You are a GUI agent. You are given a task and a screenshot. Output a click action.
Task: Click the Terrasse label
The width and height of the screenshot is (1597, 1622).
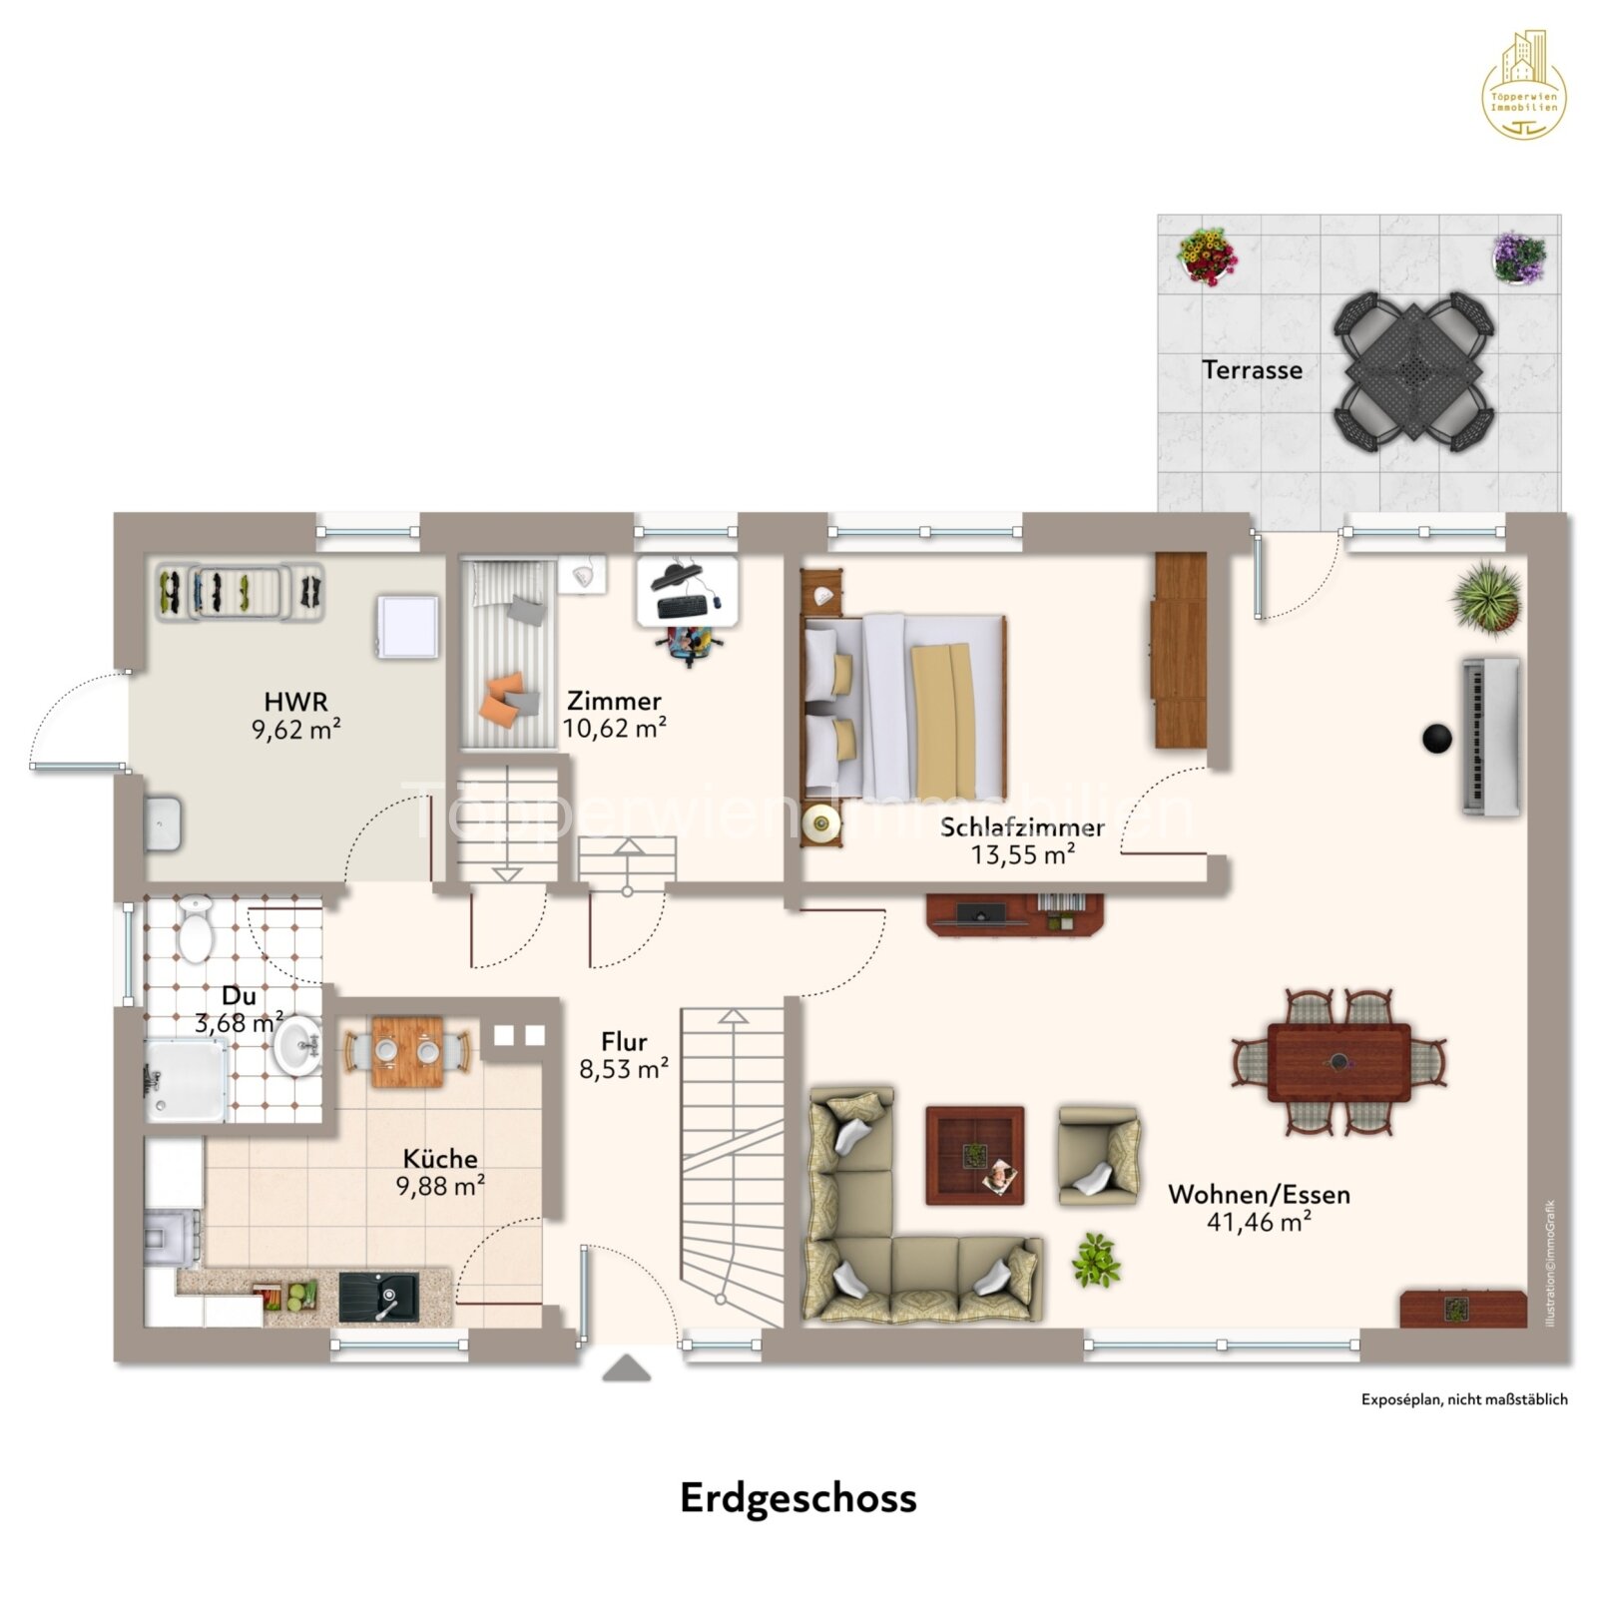point(1251,370)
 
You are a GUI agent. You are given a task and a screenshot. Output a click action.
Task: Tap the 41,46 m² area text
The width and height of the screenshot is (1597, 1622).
point(1258,1222)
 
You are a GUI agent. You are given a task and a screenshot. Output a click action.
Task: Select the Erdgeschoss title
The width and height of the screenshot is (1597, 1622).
point(798,1498)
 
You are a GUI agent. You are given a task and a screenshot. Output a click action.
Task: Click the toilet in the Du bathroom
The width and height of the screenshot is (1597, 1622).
point(195,930)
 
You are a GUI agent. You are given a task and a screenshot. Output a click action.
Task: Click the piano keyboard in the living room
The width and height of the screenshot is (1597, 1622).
point(1491,737)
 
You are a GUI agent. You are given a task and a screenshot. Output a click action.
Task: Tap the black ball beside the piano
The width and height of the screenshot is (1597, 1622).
point(1436,739)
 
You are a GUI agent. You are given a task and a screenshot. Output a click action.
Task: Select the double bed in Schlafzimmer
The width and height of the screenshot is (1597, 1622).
point(903,705)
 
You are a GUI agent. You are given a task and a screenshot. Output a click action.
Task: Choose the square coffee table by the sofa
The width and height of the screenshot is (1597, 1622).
point(973,1155)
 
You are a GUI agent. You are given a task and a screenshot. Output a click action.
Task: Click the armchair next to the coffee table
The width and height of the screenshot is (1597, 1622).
point(1097,1155)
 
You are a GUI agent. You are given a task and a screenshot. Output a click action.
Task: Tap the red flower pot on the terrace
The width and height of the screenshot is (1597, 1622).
point(1206,256)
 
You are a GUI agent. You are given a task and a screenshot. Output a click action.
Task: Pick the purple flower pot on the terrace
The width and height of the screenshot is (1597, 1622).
point(1518,258)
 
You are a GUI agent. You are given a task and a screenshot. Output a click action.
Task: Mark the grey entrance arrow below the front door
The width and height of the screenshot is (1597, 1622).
point(626,1367)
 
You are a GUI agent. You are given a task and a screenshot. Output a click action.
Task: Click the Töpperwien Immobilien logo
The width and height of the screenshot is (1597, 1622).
point(1523,86)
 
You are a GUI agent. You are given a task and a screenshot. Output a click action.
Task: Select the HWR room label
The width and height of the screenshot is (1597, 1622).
point(295,702)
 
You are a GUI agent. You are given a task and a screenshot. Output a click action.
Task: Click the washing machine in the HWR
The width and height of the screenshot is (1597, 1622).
point(406,627)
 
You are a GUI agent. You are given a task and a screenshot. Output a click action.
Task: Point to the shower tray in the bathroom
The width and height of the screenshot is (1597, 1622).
point(186,1080)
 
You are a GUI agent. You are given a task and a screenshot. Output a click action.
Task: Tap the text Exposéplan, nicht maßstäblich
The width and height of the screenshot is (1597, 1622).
point(1463,1399)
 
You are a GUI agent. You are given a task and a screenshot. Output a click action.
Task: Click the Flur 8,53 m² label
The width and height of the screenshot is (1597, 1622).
point(624,1055)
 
